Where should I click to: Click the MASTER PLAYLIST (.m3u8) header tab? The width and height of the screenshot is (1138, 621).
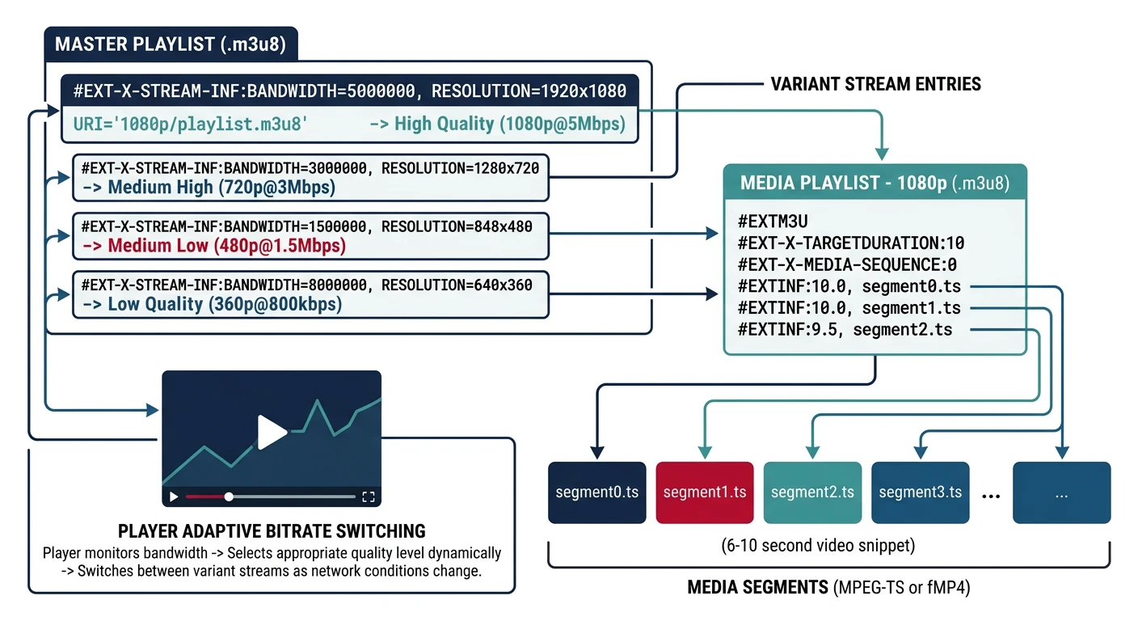170,44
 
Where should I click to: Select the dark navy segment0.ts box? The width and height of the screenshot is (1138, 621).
597,492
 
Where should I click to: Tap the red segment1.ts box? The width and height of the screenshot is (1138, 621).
705,492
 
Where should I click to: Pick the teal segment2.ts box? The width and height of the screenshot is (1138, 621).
812,492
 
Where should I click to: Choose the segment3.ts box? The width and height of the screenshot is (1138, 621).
920,492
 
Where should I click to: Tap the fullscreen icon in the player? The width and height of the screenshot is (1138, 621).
368,496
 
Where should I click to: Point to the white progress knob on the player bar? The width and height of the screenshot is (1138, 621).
229,496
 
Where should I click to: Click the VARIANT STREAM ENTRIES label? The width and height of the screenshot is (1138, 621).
875,84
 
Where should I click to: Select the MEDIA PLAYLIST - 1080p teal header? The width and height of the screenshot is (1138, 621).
875,183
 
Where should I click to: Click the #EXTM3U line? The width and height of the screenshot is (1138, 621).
773,221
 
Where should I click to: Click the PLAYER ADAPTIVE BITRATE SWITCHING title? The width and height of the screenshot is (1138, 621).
272,531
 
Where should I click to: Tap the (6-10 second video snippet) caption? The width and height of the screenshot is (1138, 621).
818,546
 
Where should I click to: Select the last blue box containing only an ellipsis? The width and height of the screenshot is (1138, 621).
1061,492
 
